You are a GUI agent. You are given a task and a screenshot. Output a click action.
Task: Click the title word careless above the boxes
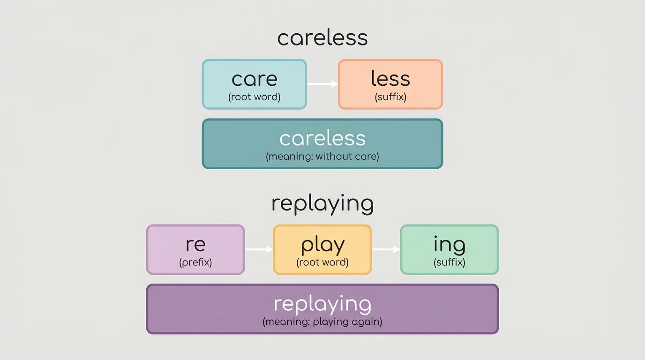coord(322,37)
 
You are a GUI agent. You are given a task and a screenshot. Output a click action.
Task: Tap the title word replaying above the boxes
coord(322,204)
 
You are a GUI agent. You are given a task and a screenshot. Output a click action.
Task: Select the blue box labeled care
coord(254,84)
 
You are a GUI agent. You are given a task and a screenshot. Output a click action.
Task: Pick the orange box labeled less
coord(390,84)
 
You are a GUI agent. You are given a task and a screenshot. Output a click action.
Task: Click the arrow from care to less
coord(322,84)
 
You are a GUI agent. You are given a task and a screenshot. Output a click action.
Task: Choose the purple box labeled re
coord(195,249)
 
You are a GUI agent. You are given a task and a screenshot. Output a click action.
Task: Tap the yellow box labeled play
coord(322,249)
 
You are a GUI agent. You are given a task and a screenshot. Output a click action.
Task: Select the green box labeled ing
coord(450,249)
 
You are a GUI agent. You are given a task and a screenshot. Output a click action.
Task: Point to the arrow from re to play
coord(259,249)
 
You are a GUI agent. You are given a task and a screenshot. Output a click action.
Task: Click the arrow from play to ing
coord(386,249)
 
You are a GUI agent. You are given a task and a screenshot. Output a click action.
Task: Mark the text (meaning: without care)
coord(322,157)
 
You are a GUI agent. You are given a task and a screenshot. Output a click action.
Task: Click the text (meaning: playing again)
coord(322,322)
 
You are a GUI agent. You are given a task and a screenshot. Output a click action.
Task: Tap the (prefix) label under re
coord(195,262)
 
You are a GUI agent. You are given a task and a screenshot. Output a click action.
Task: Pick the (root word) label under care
coord(254,97)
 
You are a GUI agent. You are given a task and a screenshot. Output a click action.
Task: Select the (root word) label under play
coord(322,262)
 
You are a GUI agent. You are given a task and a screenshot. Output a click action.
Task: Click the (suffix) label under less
coord(390,97)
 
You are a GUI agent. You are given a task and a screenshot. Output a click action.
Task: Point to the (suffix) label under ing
coord(450,262)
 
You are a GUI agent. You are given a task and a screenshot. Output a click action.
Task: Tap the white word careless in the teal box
coord(322,139)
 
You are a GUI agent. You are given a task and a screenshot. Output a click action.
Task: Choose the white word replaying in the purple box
coord(322,305)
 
